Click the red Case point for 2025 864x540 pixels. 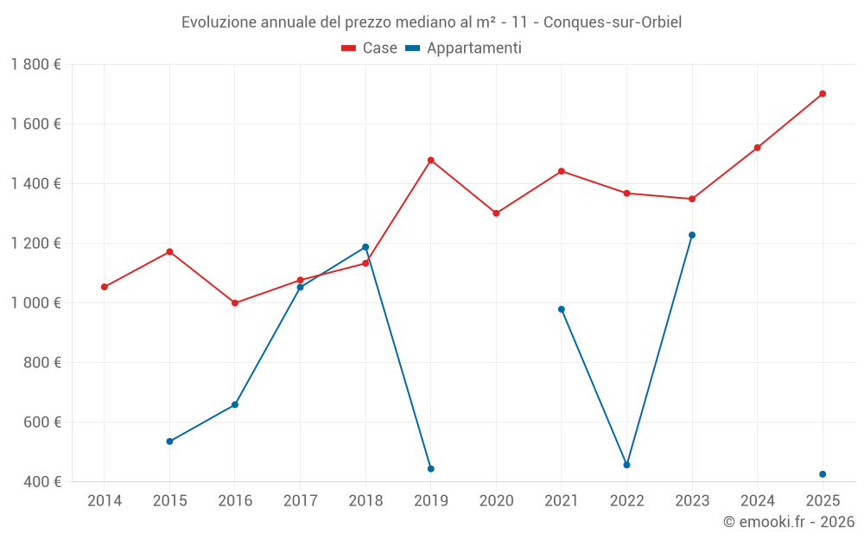click(x=823, y=93)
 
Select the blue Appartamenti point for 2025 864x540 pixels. click(x=823, y=474)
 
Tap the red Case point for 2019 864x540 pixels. click(x=430, y=160)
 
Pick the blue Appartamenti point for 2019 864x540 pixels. click(x=430, y=469)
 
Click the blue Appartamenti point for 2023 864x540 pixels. click(x=692, y=235)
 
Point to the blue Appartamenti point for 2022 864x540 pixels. click(x=626, y=465)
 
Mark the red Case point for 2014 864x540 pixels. click(x=105, y=287)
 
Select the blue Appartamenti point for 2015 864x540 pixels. click(x=169, y=442)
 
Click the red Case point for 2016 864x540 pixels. click(x=235, y=303)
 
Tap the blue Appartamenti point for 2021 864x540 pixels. click(x=562, y=309)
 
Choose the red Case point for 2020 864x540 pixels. click(x=496, y=213)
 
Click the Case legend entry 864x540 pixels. click(x=370, y=48)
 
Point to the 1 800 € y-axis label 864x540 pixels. click(x=35, y=65)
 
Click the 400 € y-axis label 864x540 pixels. click(x=42, y=481)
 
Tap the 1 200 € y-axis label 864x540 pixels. click(x=35, y=243)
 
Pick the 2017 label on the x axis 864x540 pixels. click(x=300, y=501)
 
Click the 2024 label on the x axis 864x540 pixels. click(x=757, y=501)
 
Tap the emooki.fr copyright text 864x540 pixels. click(x=788, y=522)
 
